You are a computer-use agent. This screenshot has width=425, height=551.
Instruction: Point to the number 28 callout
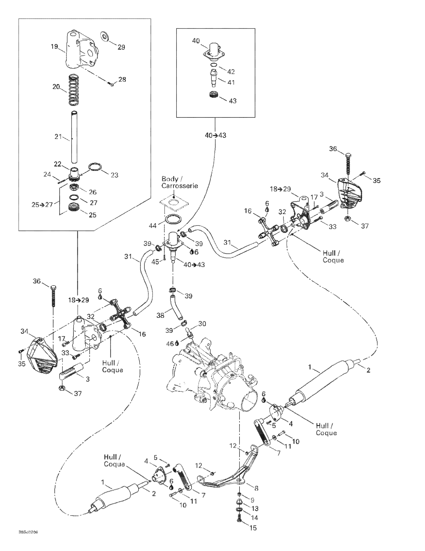[122, 79]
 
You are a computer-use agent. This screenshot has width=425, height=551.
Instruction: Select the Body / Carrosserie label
[179, 182]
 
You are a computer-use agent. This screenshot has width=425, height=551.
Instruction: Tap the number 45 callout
[155, 262]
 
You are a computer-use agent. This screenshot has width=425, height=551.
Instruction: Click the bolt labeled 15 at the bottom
[239, 520]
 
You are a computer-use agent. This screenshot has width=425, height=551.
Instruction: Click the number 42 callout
[231, 72]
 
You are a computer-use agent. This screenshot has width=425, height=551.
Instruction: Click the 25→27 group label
[42, 204]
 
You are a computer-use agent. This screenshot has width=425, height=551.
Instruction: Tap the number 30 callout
[202, 323]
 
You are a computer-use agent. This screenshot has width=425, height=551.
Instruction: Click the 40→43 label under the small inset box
[215, 135]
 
